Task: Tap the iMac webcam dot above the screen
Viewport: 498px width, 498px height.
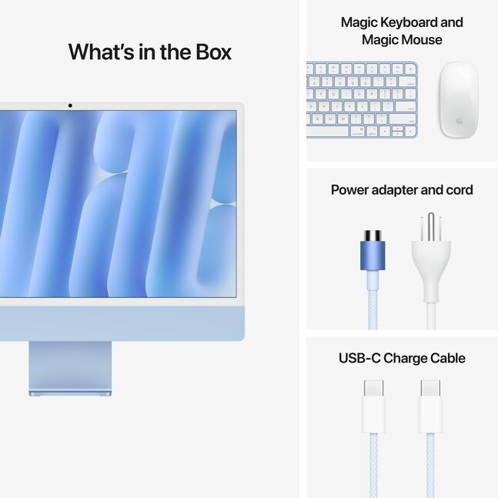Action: coord(70,105)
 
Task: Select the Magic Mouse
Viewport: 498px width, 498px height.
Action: coord(459,99)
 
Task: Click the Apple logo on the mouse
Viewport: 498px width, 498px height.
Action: coord(459,121)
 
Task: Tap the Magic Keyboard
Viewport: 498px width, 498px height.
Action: coord(362,99)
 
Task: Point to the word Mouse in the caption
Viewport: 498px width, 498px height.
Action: coord(423,39)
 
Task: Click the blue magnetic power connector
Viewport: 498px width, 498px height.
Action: coord(373,251)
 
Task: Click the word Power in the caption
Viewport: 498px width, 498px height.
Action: coord(352,190)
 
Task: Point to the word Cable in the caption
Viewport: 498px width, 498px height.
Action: coord(447,358)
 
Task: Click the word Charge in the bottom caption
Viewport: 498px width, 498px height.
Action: coord(405,358)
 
